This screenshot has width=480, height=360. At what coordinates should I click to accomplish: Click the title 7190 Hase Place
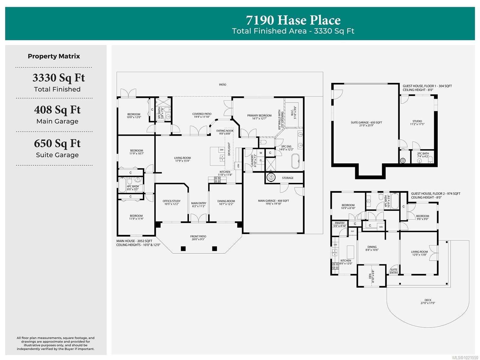[x=293, y=20]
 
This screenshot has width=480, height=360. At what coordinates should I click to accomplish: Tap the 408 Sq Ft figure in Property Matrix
[x=57, y=110]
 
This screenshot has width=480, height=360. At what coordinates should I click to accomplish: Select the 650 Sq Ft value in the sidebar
[x=57, y=144]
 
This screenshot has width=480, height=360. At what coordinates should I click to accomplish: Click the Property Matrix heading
[x=54, y=56]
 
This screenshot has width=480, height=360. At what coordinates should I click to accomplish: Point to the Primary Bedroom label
[x=259, y=116]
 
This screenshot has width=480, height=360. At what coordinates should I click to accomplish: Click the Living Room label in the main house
[x=182, y=158]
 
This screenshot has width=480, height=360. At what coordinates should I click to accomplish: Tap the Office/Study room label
[x=172, y=201]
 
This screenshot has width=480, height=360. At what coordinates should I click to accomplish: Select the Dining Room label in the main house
[x=226, y=201]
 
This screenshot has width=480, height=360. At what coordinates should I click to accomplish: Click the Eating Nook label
[x=225, y=131]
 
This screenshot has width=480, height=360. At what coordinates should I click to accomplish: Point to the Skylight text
[x=229, y=149]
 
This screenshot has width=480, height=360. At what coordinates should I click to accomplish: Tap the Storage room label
[x=287, y=178]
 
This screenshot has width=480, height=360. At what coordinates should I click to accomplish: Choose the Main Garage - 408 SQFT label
[x=273, y=201]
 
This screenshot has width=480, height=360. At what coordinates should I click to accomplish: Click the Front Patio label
[x=198, y=237]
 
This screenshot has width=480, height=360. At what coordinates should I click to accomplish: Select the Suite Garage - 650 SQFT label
[x=366, y=123]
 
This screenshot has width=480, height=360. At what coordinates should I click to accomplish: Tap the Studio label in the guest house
[x=417, y=121]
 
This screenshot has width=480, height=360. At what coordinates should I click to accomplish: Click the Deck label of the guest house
[x=428, y=300]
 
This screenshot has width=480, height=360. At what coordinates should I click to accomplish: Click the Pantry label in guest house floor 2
[x=340, y=223]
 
